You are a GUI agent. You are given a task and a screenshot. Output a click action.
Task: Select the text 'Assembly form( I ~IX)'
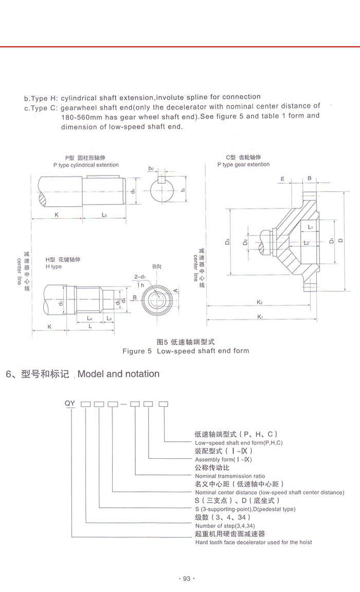224,459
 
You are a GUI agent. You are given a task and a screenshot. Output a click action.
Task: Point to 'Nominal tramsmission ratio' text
230,476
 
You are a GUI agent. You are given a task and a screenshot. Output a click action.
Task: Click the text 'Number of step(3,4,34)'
224,526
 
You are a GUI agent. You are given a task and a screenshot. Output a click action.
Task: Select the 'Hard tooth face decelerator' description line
253,542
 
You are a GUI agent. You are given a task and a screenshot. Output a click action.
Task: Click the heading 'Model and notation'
118,374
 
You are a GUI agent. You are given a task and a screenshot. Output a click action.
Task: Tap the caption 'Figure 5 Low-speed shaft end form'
185,351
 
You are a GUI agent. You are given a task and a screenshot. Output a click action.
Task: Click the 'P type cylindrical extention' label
85,165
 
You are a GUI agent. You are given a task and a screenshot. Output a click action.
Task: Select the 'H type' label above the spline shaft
53,266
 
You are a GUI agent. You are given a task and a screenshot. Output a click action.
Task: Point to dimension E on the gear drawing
283,178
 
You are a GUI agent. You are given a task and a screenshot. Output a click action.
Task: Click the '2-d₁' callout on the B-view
139,277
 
